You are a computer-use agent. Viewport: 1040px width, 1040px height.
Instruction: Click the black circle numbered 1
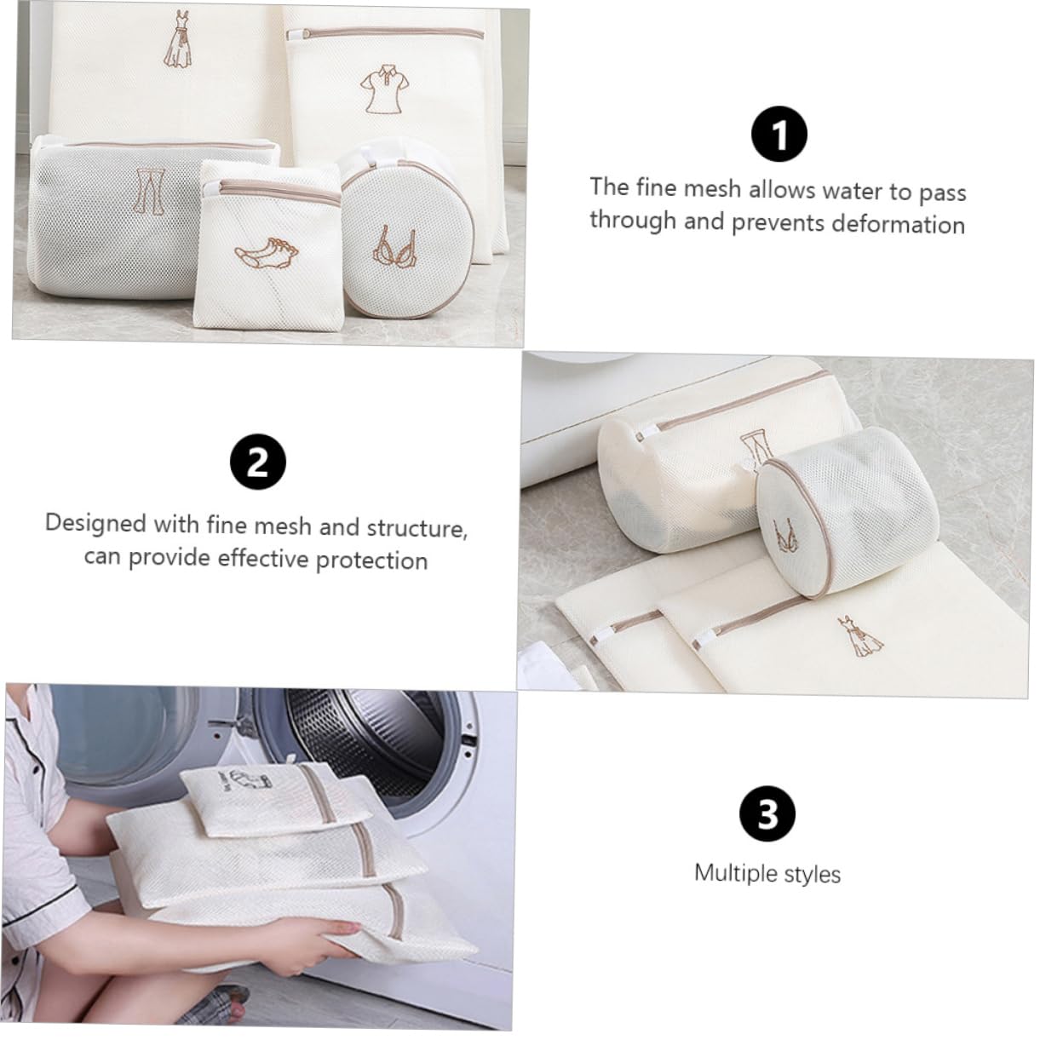point(779,134)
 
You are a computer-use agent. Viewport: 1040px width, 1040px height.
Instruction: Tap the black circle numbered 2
point(258,462)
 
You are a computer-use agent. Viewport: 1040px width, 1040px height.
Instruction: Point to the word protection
point(372,561)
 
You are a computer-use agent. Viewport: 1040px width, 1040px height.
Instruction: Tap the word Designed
point(95,524)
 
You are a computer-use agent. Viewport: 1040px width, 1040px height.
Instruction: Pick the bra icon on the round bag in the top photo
point(394,246)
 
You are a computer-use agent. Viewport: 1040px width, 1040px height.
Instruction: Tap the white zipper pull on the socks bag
point(215,188)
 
